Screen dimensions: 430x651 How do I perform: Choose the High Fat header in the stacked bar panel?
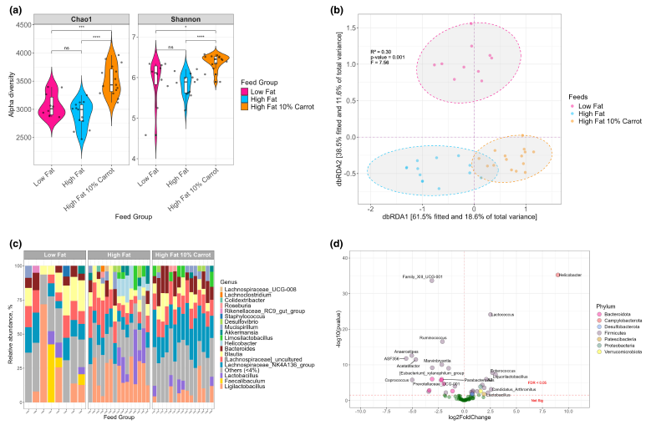[118, 254]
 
